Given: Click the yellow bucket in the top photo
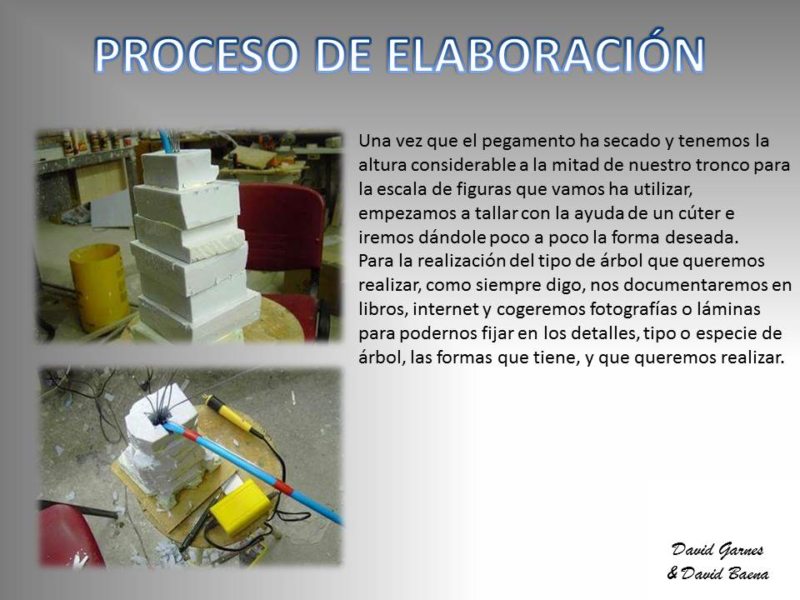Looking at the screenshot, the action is (x=99, y=286).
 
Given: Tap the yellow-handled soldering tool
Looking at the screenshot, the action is (x=236, y=415).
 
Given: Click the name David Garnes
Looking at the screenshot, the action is (x=717, y=550).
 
